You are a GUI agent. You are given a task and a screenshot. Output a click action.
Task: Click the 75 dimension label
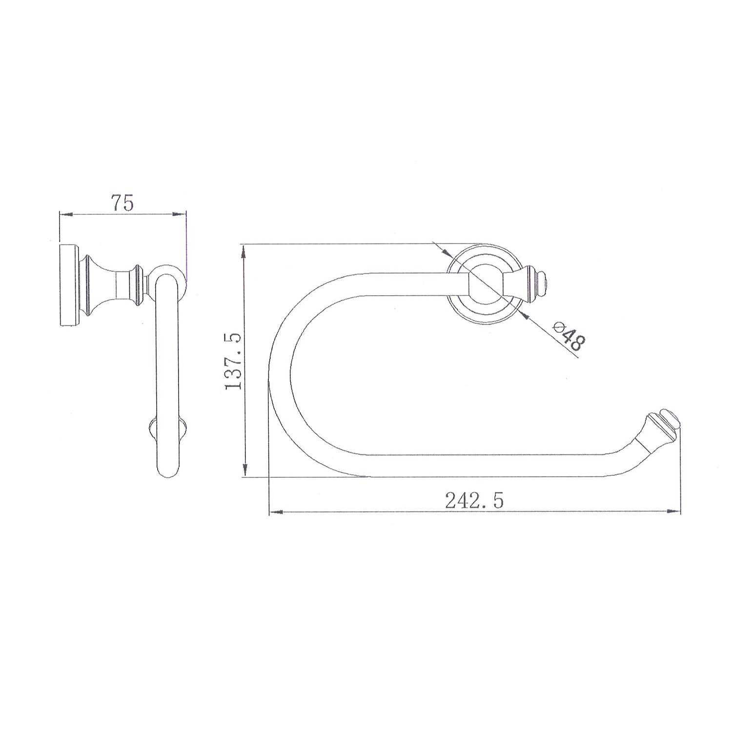click(x=122, y=203)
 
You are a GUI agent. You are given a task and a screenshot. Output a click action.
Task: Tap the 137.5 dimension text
click(x=233, y=361)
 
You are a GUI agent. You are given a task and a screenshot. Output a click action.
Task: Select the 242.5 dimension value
click(x=474, y=500)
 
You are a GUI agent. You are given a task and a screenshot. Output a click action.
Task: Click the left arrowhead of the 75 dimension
click(x=65, y=214)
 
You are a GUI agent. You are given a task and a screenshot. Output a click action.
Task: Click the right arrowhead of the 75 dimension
click(x=180, y=214)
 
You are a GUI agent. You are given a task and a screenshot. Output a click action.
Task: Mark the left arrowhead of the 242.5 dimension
click(x=276, y=512)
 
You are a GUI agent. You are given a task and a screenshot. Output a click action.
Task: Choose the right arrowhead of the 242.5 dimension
click(x=673, y=512)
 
